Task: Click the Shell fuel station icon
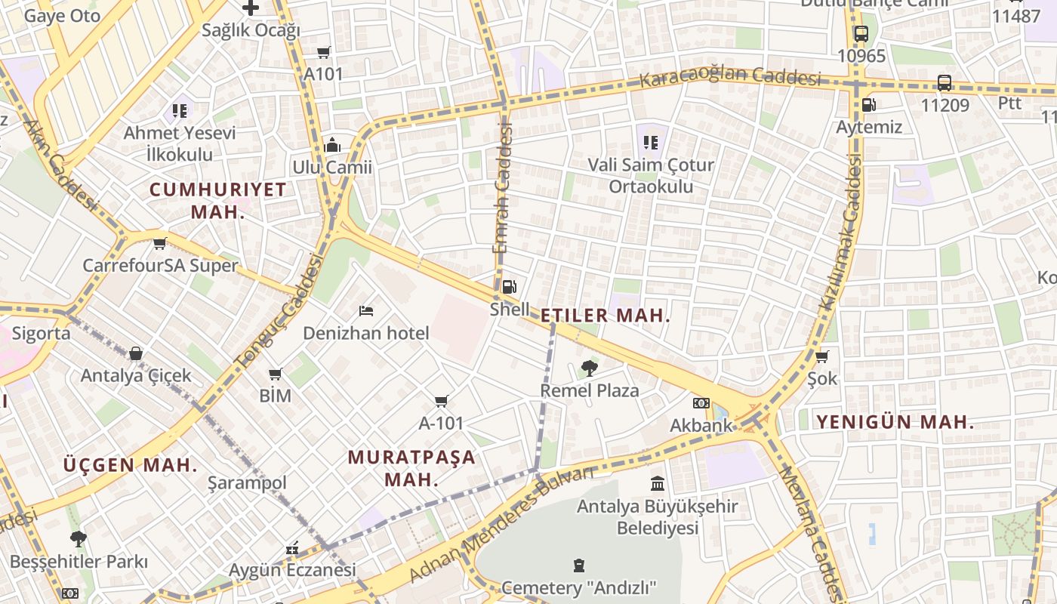509,287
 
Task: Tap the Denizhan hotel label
365,333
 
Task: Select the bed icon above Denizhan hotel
366,311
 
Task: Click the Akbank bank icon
701,403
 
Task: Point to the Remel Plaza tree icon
589,368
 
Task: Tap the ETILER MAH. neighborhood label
606,316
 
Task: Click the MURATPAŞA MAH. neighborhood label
411,468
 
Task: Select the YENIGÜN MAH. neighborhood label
895,422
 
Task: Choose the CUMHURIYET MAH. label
218,200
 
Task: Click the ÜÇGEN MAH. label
131,464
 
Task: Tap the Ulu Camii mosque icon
332,145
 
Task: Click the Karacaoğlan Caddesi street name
730,77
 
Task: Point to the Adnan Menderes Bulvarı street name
502,525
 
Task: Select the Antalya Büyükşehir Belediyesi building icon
657,483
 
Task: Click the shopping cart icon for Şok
821,356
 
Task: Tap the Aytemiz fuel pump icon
868,105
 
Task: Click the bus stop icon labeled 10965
861,34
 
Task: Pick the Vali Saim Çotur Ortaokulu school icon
651,142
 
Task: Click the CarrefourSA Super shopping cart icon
159,244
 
